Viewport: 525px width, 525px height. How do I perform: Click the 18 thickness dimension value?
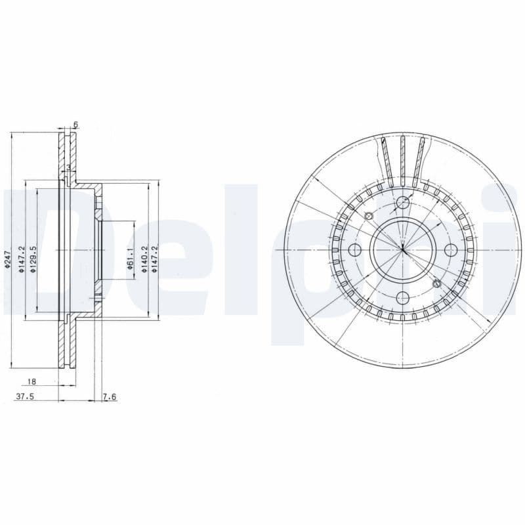tap(31, 381)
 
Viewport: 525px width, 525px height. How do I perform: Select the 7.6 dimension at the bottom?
tap(110, 396)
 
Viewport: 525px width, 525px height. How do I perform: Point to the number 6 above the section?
tap(75, 124)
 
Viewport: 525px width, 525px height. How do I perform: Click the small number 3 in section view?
tap(68, 167)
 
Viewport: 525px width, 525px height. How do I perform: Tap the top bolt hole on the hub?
tap(403, 202)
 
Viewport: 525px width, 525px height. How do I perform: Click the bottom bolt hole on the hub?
tap(403, 299)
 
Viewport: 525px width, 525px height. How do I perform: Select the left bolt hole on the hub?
tap(355, 250)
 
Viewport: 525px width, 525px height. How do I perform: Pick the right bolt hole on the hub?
tap(451, 250)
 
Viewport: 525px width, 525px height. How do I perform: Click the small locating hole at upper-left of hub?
tap(368, 217)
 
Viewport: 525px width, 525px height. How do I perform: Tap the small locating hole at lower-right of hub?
tap(437, 283)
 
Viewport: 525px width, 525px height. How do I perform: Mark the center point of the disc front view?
tap(403, 250)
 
